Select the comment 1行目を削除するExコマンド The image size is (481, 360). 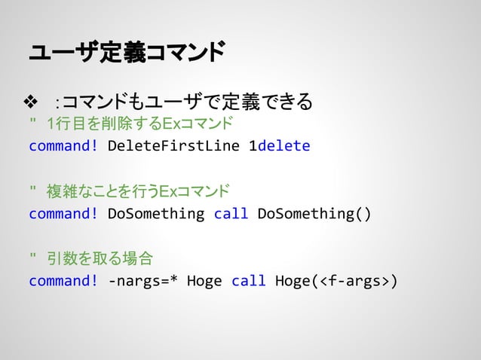coord(139,123)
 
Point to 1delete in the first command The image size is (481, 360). coord(279,145)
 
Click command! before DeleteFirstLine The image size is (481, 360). coord(63,145)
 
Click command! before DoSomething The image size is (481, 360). coord(63,213)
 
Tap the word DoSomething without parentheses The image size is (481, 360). coord(156,213)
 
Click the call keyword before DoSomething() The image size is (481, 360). coord(231,213)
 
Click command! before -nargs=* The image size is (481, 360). coord(63,282)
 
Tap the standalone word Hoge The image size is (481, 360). coord(204,282)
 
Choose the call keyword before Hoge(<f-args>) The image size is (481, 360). coord(249,282)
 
